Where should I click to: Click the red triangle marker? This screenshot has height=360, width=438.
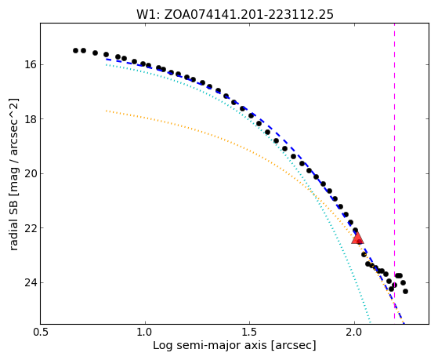[x=357, y=238]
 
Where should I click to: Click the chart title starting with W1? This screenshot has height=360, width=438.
[x=234, y=15]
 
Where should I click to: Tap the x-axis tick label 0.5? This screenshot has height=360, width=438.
[x=41, y=333]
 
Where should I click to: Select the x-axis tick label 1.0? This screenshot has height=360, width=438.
[x=145, y=333]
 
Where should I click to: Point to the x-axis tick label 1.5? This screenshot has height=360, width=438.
[x=250, y=333]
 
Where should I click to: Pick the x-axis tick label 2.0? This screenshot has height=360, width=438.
[x=354, y=333]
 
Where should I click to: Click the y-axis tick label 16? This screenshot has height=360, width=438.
[x=31, y=64]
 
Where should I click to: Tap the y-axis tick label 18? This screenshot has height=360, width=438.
[x=31, y=119]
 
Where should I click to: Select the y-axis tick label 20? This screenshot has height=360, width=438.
[x=31, y=173]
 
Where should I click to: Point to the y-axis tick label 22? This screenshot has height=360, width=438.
[x=31, y=228]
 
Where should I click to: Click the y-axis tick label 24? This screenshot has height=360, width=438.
[x=31, y=282]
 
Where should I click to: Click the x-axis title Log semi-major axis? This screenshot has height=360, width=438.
[x=210, y=346]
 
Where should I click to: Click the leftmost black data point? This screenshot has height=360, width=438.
[x=75, y=51]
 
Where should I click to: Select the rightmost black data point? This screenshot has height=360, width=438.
[x=405, y=292]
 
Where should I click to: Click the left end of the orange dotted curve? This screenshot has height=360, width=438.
[x=106, y=111]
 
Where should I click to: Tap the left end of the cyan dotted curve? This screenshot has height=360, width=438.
[x=106, y=64]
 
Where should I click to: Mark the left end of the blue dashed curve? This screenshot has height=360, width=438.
[x=106, y=60]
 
